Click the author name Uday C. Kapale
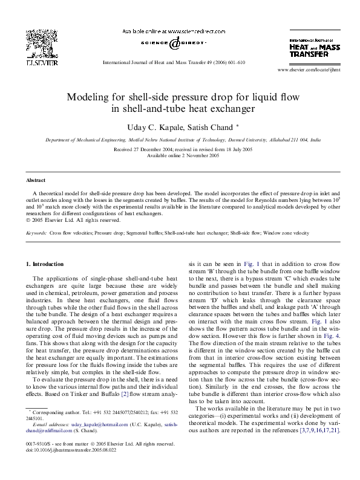[152, 125]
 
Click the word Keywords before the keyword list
[36, 232]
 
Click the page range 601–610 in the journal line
[234, 62]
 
